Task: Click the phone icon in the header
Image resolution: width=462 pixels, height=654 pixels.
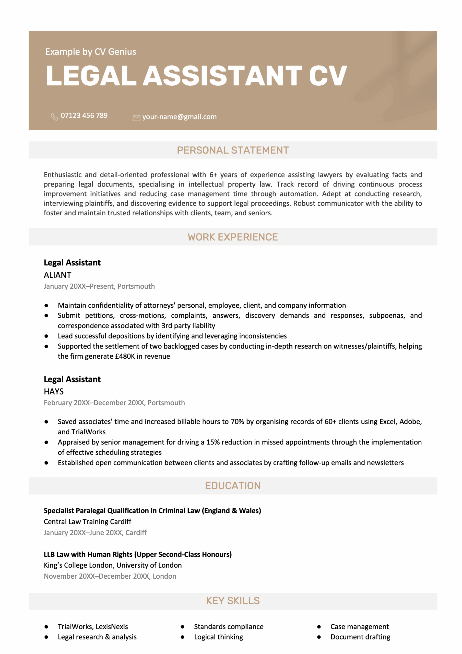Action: pyautogui.click(x=54, y=116)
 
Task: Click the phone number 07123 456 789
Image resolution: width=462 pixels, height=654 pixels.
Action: pyautogui.click(x=84, y=115)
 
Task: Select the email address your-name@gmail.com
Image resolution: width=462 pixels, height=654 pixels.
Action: pyautogui.click(x=180, y=117)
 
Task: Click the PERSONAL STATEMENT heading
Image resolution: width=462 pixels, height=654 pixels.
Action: pyautogui.click(x=233, y=150)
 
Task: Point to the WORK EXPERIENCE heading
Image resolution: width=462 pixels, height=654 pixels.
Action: pyautogui.click(x=233, y=237)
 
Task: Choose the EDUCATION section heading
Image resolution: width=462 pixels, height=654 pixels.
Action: pyautogui.click(x=233, y=486)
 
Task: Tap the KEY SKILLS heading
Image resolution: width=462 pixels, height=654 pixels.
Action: pyautogui.click(x=233, y=601)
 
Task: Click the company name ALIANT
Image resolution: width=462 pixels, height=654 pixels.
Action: pyautogui.click(x=57, y=275)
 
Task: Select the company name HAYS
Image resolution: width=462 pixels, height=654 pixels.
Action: pyautogui.click(x=54, y=392)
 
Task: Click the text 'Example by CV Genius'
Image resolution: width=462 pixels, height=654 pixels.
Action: pyautogui.click(x=91, y=52)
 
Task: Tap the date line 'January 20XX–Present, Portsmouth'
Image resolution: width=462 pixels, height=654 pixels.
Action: pyautogui.click(x=99, y=286)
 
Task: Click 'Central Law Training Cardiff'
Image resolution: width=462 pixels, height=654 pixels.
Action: pyautogui.click(x=87, y=522)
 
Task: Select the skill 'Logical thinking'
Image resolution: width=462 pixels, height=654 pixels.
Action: pyautogui.click(x=218, y=637)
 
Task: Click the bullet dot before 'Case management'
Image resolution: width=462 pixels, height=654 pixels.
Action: pyautogui.click(x=319, y=627)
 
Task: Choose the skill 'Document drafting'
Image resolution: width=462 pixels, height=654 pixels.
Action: pyautogui.click(x=360, y=637)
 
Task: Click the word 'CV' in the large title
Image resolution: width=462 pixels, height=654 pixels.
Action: pyautogui.click(x=328, y=76)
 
